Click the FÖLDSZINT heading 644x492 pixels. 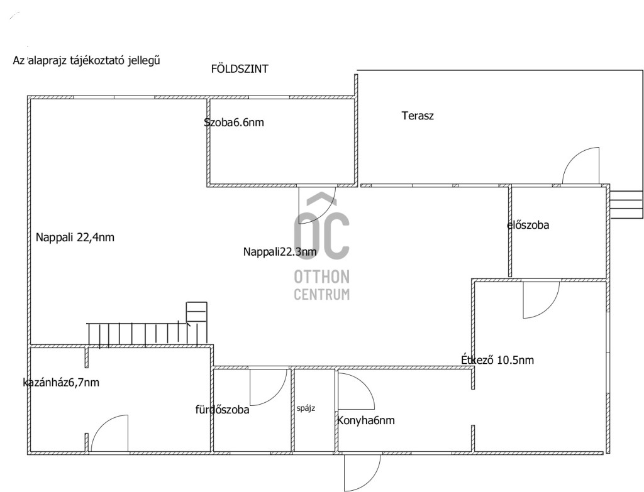[240, 68]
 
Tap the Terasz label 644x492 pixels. [418, 116]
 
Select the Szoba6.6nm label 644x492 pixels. [234, 123]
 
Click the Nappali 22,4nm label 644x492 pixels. [75, 238]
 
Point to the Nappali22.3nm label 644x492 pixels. [280, 252]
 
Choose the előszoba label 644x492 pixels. [528, 225]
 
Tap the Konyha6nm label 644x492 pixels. [366, 420]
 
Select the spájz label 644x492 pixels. [306, 408]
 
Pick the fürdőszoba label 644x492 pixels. [222, 410]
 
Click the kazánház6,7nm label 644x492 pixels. [61, 383]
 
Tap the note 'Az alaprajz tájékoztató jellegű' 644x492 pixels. [86, 61]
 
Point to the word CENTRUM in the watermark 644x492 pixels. [321, 294]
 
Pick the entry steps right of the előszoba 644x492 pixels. [626, 204]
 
